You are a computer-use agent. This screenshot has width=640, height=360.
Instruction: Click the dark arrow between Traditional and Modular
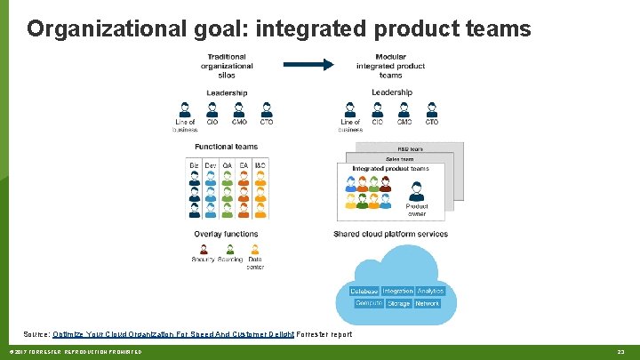pyautogui.click(x=307, y=64)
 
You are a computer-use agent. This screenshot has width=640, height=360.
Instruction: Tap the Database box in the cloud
pyautogui.click(x=364, y=292)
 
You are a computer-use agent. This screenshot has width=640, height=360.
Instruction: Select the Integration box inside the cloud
pyautogui.click(x=398, y=292)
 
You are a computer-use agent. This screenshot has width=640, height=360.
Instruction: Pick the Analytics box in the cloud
pyautogui.click(x=430, y=292)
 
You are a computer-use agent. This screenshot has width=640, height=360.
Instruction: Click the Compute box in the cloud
pyautogui.click(x=369, y=303)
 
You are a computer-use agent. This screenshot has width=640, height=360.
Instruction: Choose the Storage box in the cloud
pyautogui.click(x=399, y=304)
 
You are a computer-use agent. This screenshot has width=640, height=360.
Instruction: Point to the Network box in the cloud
pyautogui.click(x=428, y=304)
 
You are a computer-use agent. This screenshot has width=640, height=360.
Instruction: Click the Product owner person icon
pyautogui.click(x=416, y=191)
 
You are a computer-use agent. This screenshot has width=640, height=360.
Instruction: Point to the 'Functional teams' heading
pyautogui.click(x=227, y=148)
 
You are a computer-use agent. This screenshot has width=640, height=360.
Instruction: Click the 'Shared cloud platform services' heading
pyautogui.click(x=390, y=235)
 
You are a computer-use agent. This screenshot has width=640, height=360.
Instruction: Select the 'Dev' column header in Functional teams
pyautogui.click(x=211, y=165)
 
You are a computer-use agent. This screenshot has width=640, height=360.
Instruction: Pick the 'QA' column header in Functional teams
pyautogui.click(x=227, y=165)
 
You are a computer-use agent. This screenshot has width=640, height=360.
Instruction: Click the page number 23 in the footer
pyautogui.click(x=621, y=353)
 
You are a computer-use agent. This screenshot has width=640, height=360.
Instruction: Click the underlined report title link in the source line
pyautogui.click(x=173, y=334)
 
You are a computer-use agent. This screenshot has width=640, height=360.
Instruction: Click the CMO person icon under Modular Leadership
pyautogui.click(x=404, y=110)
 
